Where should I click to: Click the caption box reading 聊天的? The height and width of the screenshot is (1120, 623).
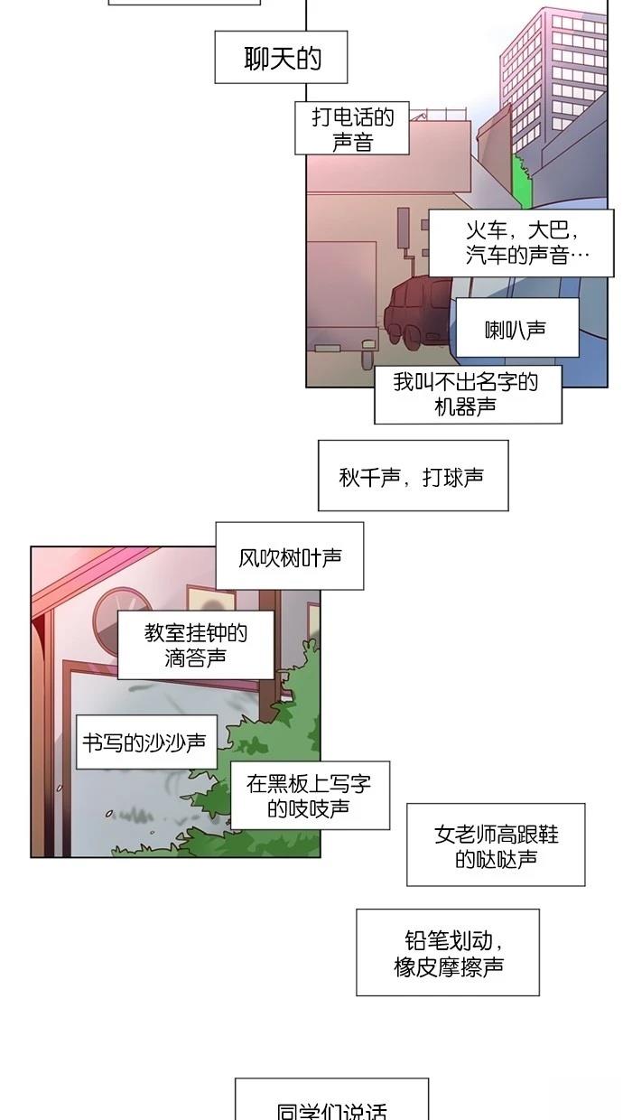[281, 57]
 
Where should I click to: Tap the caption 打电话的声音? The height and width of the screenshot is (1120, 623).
[352, 128]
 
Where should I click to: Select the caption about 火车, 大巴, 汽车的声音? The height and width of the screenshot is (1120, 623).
[522, 243]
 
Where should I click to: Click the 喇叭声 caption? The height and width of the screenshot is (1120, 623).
[517, 328]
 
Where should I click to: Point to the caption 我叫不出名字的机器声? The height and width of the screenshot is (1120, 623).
[468, 395]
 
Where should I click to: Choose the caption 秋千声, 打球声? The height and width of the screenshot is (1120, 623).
[414, 475]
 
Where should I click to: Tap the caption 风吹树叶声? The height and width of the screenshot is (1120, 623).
[290, 556]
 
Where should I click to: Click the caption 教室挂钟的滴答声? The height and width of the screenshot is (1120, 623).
[196, 645]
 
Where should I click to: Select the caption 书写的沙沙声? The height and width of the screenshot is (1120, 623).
[146, 742]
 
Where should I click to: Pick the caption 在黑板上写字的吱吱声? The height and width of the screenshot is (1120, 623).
[310, 796]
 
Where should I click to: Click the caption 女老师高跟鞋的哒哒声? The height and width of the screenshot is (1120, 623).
[496, 845]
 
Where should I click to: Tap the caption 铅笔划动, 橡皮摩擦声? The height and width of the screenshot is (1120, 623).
[448, 953]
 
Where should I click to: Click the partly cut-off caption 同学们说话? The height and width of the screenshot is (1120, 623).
[332, 1099]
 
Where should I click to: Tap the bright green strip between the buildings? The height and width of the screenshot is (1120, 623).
[520, 181]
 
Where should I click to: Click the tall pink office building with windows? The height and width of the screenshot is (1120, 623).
[553, 75]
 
